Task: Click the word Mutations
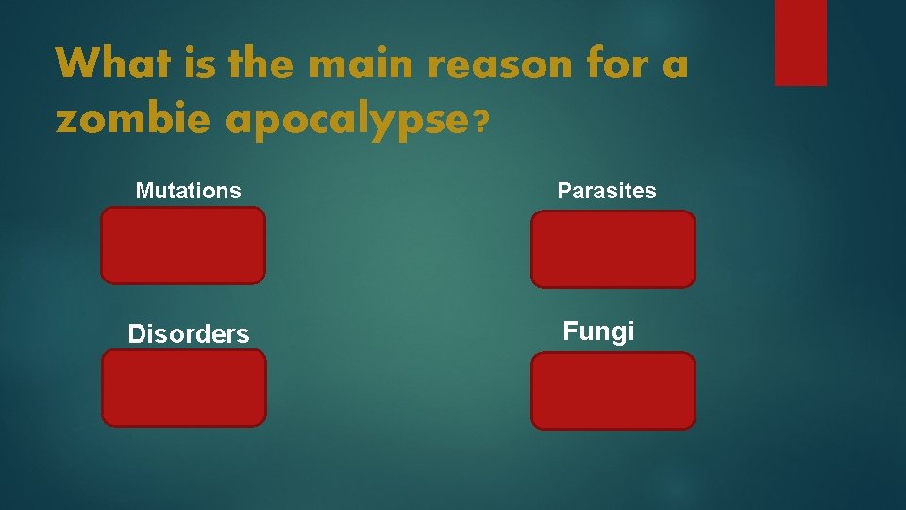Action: coord(188,191)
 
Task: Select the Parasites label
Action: coord(607,191)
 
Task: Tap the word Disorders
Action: coord(189,334)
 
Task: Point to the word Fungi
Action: coord(598,331)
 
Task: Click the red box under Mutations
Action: coord(183,246)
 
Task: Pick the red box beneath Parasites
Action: coord(612,248)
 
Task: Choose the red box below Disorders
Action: coord(184,387)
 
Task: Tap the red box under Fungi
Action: coord(612,390)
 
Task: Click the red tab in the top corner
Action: coord(800,42)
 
